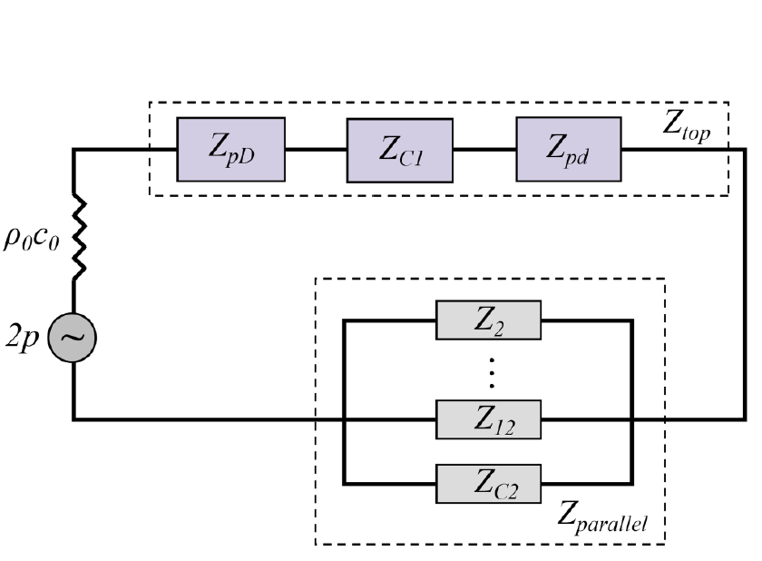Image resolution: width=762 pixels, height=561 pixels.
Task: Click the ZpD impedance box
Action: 230,149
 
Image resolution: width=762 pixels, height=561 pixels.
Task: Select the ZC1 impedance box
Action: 400,150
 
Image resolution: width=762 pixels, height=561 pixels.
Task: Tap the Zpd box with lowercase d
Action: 569,149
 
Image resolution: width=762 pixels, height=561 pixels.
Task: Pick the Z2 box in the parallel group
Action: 488,320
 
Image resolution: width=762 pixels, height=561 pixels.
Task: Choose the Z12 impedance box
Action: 488,419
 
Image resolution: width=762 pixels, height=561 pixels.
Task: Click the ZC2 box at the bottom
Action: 488,484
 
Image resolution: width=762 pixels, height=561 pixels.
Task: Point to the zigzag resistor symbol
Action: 79,238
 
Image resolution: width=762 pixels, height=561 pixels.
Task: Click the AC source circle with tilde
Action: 73,338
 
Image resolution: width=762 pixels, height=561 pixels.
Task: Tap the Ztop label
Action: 687,126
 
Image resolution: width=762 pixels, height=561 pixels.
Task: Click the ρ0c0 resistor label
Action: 32,238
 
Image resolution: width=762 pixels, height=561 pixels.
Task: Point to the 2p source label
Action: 23,338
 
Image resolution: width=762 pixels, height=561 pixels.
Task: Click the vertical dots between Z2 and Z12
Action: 492,373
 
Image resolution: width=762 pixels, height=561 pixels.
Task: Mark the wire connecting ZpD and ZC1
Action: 316,149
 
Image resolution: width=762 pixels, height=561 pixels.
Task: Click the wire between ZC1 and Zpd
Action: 485,149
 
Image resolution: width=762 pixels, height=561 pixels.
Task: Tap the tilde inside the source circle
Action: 73,337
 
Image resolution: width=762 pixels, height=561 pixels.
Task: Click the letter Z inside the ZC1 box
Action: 389,148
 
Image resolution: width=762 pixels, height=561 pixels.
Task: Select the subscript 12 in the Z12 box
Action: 503,427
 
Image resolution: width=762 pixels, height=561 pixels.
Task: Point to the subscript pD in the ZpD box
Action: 240,157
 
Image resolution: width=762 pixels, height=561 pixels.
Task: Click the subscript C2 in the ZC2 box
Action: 506,491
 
